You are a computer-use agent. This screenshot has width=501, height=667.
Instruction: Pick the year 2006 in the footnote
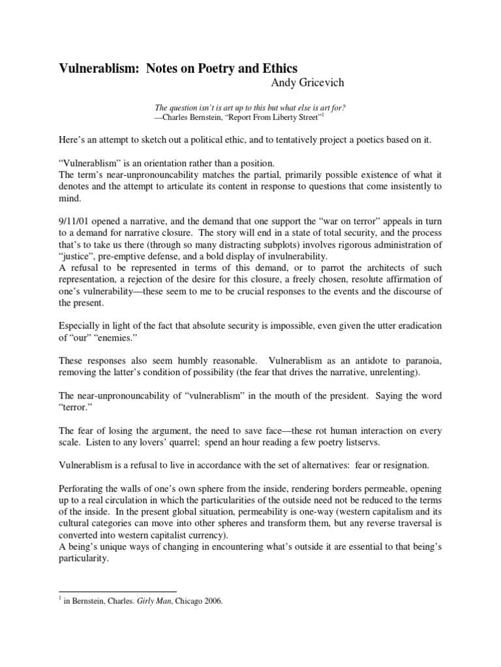click(x=213, y=603)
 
